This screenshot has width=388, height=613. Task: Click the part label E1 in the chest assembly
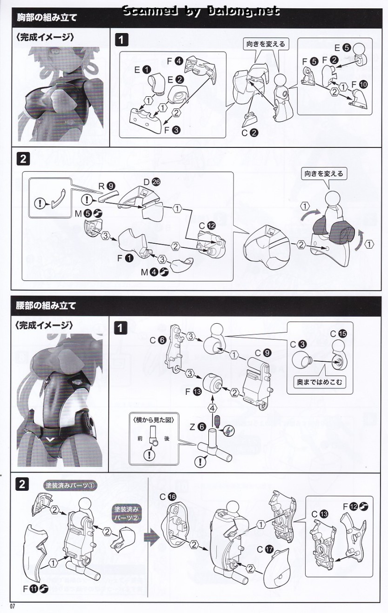[x=142, y=70]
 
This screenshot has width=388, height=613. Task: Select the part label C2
[x=249, y=132]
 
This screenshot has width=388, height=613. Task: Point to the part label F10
[x=358, y=84]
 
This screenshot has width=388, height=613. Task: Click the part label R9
[x=106, y=186]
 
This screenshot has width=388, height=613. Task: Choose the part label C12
[x=206, y=225]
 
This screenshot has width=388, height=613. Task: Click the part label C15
[x=338, y=333]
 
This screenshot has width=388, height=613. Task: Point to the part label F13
[x=193, y=392]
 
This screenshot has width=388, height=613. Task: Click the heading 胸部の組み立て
[x=47, y=18]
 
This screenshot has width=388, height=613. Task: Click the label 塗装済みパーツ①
[x=70, y=485]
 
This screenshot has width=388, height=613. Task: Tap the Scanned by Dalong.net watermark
[x=201, y=10]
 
